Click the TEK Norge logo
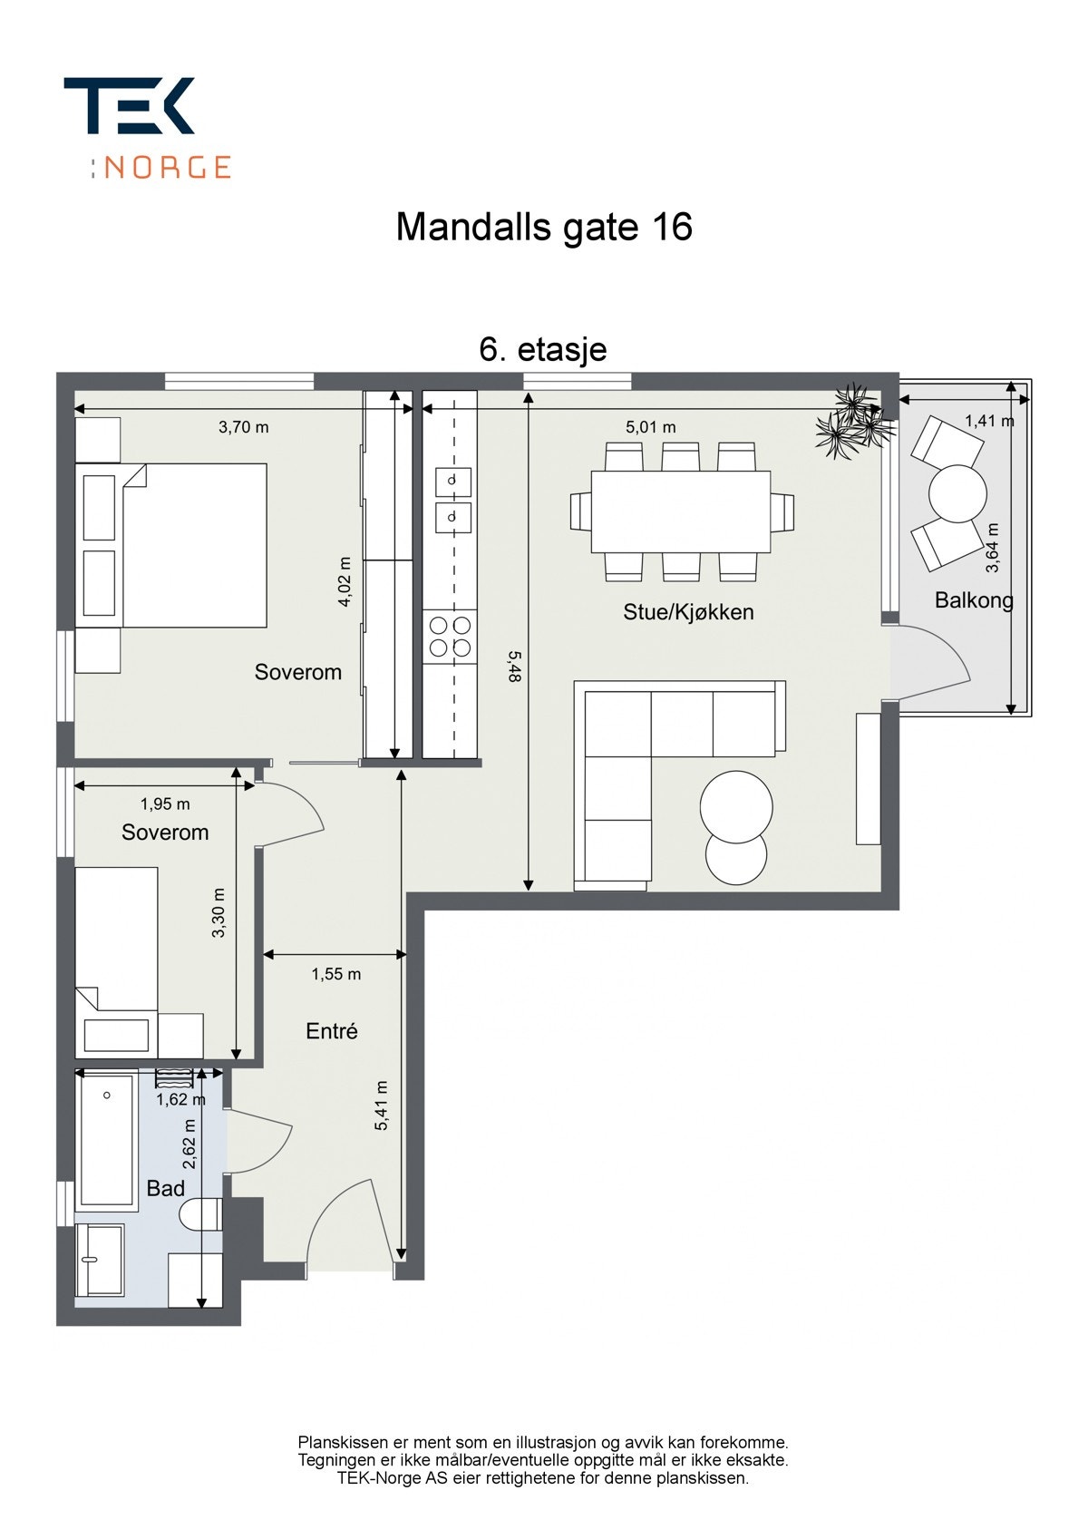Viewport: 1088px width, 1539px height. [x=147, y=128]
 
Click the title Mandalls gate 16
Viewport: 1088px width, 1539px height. [x=544, y=228]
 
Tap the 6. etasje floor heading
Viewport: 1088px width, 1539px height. [x=542, y=350]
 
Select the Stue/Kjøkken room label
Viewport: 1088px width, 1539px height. [x=688, y=612]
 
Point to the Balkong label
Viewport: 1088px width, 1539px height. [x=974, y=600]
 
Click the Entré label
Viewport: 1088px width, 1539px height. [x=332, y=1031]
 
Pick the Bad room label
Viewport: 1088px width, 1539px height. [x=166, y=1189]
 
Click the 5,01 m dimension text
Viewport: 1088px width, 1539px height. [x=650, y=427]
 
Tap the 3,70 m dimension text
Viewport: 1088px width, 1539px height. [x=244, y=427]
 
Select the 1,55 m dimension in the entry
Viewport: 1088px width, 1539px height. [x=335, y=974]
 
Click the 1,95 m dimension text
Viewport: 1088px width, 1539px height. [x=166, y=804]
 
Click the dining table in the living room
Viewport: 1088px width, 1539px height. [x=681, y=511]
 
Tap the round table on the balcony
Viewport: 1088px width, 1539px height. [x=957, y=493]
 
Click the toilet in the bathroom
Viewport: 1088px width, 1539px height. [x=199, y=1214]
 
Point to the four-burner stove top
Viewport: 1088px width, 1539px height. [x=450, y=637]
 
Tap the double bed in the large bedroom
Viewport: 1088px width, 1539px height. [x=171, y=546]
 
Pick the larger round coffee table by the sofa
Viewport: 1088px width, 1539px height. [x=736, y=807]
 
